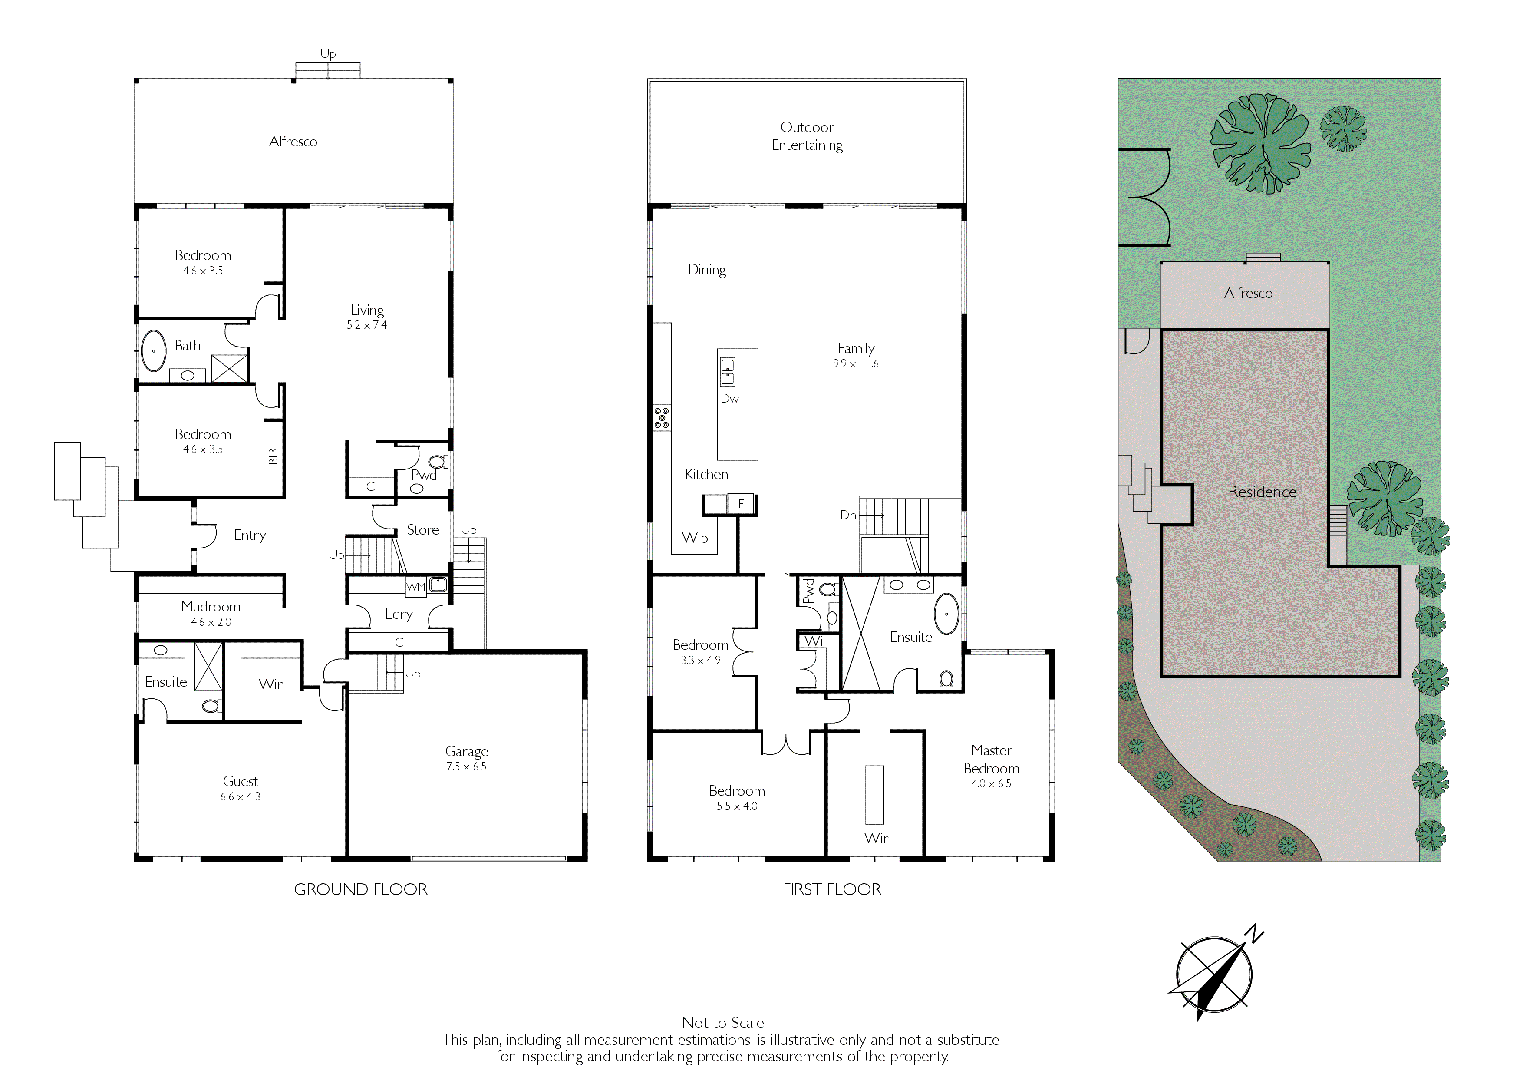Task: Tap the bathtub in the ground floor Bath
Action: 153,350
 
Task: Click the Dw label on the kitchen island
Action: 730,399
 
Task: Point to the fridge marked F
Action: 741,504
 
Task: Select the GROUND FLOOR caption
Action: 361,889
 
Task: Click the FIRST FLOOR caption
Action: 832,889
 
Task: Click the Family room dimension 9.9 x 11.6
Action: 856,363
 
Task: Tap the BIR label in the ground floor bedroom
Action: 273,456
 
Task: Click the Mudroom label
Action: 211,607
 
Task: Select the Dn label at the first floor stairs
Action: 848,515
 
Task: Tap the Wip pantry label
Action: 695,538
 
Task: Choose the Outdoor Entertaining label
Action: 807,136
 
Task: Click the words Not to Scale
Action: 722,1023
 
